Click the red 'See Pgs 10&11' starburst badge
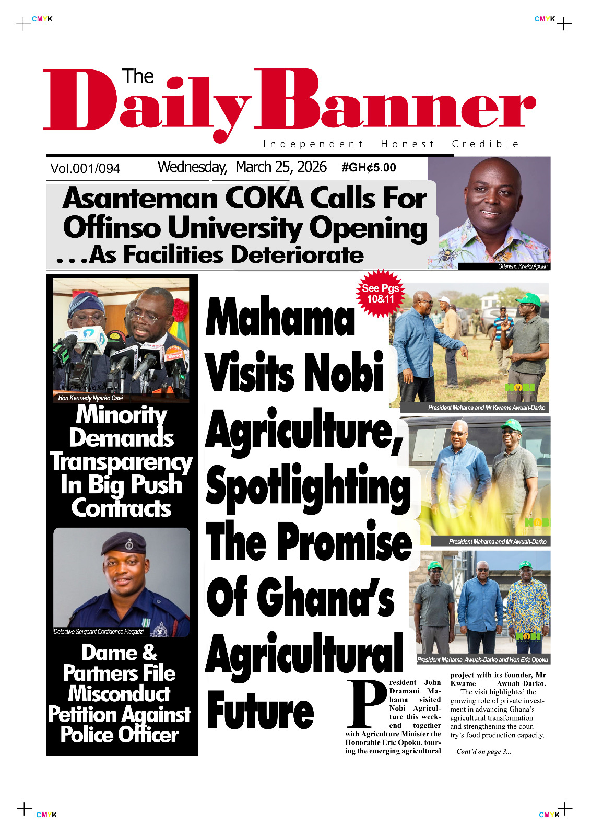tap(380, 294)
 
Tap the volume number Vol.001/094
tap(85, 168)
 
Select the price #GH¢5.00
tap(369, 168)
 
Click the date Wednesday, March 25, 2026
tap(242, 167)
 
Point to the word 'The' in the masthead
tap(138, 76)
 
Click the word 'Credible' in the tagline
tap(485, 144)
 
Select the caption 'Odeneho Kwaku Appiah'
tap(522, 266)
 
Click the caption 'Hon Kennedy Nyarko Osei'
tap(90, 398)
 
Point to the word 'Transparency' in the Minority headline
tap(121, 462)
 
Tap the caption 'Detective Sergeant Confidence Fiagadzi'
tap(98, 632)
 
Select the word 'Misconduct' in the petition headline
tap(119, 694)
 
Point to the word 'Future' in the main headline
tap(261, 711)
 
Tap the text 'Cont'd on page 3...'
tap(483, 752)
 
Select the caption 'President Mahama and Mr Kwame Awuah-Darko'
tap(486, 408)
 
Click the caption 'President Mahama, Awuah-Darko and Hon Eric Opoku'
tap(482, 660)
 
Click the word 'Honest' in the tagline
tap(407, 144)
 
